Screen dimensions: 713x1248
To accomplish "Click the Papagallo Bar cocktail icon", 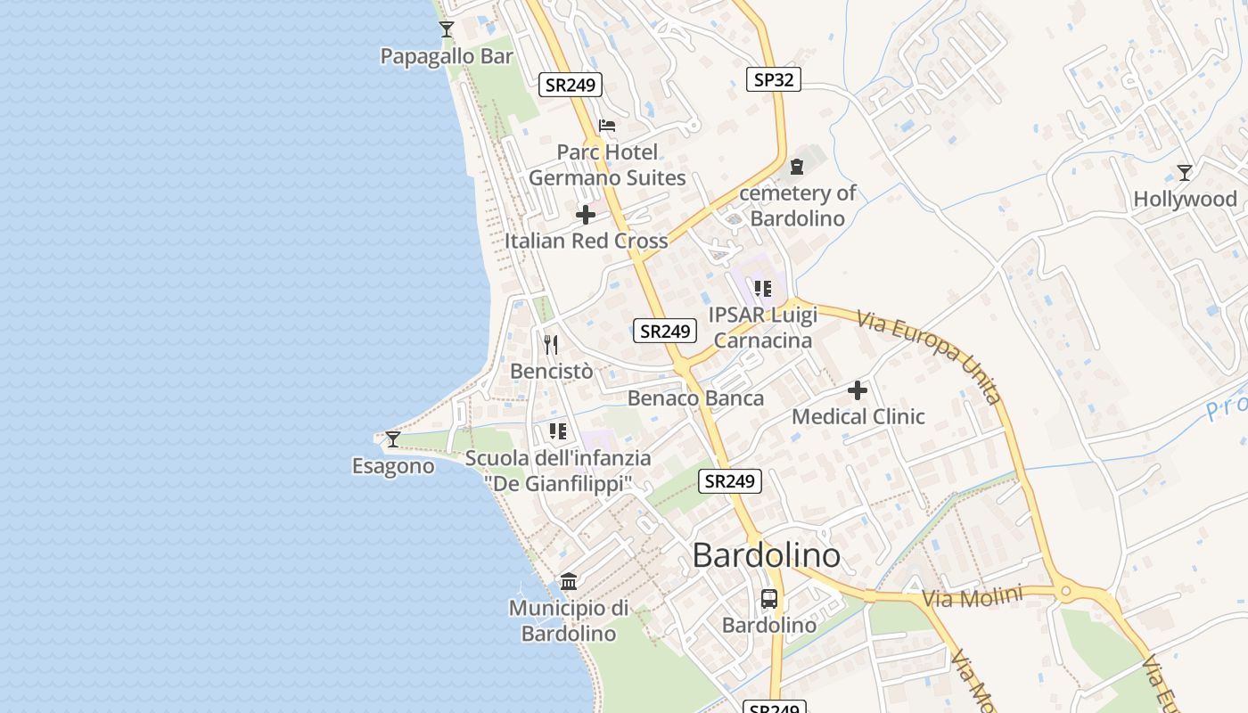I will click(447, 29).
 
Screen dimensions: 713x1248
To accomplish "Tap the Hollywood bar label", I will click(1185, 199).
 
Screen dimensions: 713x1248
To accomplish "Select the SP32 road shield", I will click(773, 79).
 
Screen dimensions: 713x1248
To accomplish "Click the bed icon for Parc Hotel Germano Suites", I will click(607, 126).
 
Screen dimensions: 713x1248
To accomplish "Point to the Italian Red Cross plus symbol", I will click(586, 215).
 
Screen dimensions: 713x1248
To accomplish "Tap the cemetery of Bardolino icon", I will click(796, 167).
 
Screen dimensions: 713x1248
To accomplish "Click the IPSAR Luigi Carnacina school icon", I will click(763, 289).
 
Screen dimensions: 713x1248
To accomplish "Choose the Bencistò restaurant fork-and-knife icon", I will click(551, 344).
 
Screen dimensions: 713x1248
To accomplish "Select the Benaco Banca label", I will click(695, 398).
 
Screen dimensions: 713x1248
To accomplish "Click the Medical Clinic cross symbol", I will click(858, 390).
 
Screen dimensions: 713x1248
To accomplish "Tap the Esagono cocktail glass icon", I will click(393, 438).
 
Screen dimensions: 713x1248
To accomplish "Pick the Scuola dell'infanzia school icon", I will click(558, 432).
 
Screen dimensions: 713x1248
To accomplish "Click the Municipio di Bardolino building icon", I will click(569, 582).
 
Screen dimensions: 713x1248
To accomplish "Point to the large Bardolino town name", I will click(766, 556).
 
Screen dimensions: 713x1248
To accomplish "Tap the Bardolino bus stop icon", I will click(769, 599).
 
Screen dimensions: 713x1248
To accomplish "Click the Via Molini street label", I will click(971, 598).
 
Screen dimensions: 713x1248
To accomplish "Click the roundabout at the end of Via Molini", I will click(1064, 590).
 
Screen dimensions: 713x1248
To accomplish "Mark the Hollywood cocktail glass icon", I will click(1185, 172).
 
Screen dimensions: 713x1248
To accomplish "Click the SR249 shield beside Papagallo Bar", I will click(571, 85).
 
